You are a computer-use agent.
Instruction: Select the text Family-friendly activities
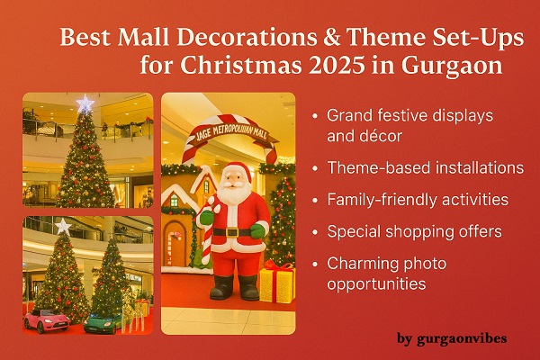click(407, 199)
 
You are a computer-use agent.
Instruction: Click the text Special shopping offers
click(401, 230)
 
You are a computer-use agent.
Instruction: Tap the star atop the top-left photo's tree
click(85, 104)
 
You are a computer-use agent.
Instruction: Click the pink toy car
click(45, 318)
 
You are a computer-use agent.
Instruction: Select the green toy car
click(103, 319)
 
